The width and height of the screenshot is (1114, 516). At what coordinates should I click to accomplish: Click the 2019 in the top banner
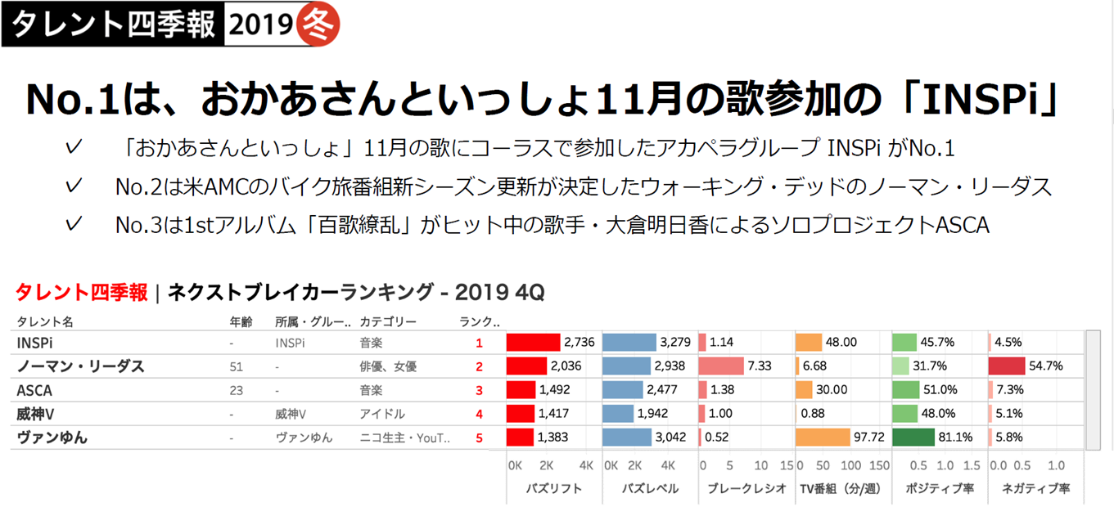pos(260,25)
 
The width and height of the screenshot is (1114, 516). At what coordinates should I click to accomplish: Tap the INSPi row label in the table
pos(35,343)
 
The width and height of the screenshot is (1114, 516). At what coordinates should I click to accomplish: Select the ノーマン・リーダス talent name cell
pos(80,366)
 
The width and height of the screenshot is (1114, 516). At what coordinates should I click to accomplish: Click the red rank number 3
pos(480,390)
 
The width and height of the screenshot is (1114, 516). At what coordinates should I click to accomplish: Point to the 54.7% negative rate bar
pos(1007,366)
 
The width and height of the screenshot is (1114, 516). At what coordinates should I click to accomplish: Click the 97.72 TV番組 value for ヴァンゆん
pos(868,437)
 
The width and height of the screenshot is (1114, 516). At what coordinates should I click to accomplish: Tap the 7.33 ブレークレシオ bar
pos(721,366)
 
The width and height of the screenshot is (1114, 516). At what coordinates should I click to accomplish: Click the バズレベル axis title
pos(649,489)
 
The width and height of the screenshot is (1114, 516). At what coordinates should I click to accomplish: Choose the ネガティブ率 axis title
pos(1035,489)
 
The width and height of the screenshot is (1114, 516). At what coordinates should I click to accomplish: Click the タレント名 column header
pos(45,322)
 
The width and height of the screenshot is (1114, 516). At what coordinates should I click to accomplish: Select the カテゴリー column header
pos(388,322)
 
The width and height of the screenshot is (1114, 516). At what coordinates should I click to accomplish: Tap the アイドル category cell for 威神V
pos(381,414)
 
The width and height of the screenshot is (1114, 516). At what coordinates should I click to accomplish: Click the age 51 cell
pos(237,366)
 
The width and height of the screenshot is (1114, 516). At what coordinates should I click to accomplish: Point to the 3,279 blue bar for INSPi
pos(629,343)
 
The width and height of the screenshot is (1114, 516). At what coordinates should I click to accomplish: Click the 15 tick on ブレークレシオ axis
pos(787,465)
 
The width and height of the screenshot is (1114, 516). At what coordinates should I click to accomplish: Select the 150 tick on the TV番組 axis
pos(878,465)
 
